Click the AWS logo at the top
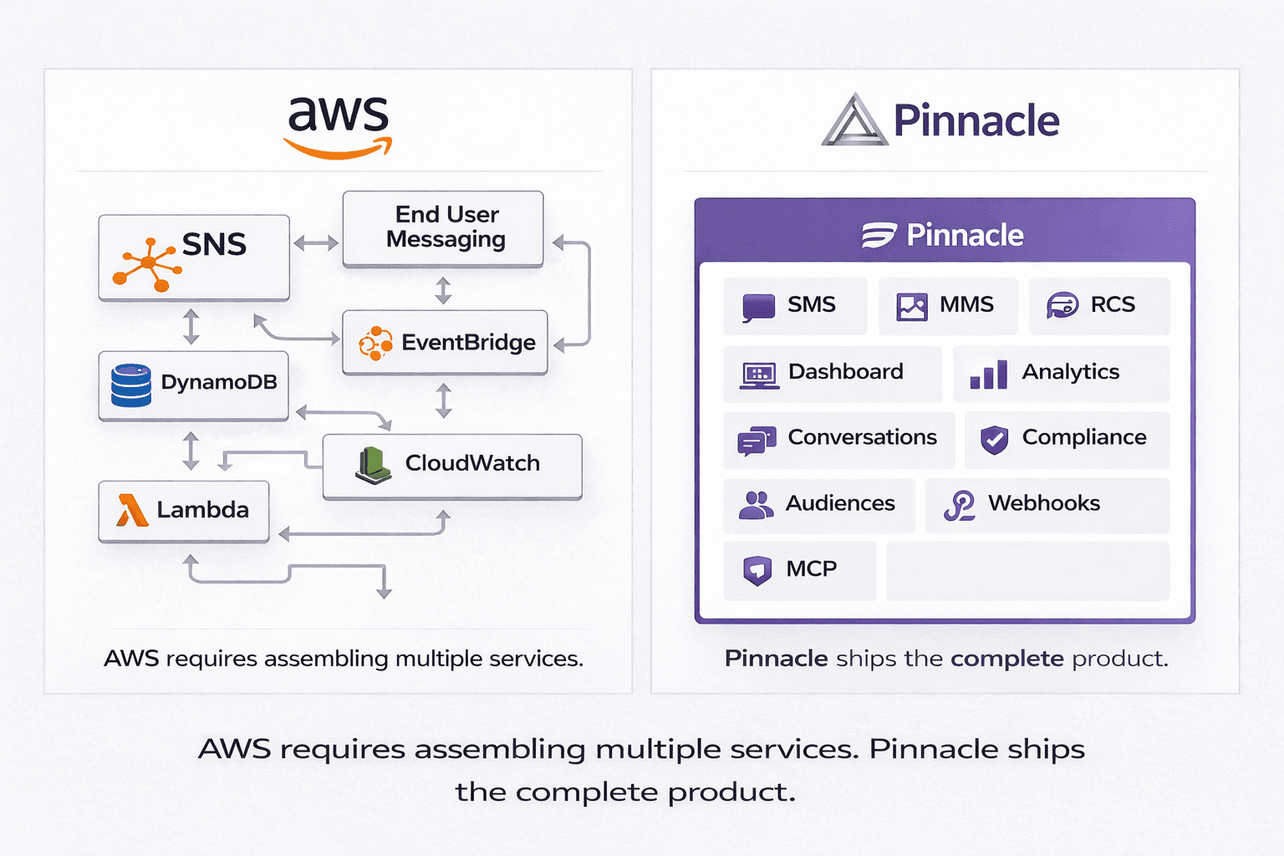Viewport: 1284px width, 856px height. click(338, 125)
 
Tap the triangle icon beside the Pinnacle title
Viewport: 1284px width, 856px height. click(853, 121)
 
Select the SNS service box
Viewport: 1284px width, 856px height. click(194, 257)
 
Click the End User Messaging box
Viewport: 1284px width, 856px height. click(443, 228)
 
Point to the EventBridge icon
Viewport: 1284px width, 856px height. click(375, 343)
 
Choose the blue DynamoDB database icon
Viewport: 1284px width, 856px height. click(131, 385)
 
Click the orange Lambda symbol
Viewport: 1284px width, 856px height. click(131, 510)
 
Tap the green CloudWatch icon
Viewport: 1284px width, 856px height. click(374, 465)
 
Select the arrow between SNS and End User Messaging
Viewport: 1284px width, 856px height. click(316, 243)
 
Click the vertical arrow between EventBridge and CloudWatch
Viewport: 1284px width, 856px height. click(444, 400)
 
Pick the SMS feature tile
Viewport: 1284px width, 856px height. click(794, 306)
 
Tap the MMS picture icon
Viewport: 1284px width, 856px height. click(911, 307)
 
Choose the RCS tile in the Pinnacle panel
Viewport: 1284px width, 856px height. click(1098, 306)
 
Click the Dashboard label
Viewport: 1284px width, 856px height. click(845, 372)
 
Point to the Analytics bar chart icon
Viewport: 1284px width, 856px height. click(988, 374)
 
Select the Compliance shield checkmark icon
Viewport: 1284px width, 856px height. click(994, 439)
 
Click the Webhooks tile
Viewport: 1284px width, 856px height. click(1047, 505)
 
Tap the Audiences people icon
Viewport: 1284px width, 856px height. click(756, 505)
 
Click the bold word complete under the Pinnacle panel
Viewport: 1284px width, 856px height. click(1006, 659)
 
